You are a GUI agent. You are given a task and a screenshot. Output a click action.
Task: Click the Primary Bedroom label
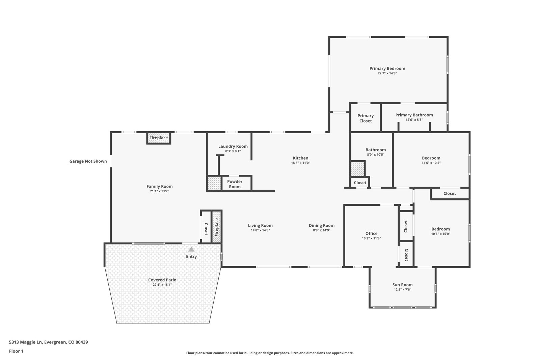click(x=387, y=68)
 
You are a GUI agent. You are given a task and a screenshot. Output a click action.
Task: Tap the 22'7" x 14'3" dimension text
click(x=387, y=73)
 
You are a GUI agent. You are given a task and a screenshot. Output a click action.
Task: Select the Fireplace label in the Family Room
click(x=159, y=138)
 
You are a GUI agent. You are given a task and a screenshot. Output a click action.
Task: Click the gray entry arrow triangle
click(x=191, y=249)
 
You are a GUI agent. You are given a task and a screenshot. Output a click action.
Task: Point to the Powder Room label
click(x=235, y=184)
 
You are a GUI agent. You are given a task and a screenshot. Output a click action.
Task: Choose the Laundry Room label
click(x=233, y=146)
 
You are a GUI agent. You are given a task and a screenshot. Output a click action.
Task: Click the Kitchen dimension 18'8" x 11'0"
click(x=301, y=163)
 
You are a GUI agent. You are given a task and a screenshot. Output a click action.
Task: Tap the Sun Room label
click(x=402, y=285)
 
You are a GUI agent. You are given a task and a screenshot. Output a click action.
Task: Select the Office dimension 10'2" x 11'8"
click(x=371, y=238)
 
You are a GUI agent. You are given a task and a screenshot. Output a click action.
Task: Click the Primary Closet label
click(x=366, y=118)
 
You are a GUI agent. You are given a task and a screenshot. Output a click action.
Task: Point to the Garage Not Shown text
click(x=88, y=161)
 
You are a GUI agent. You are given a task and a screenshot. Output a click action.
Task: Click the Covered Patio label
click(x=162, y=280)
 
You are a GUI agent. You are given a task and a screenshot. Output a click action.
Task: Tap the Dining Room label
click(x=322, y=225)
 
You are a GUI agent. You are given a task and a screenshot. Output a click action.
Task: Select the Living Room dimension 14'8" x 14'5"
click(x=260, y=230)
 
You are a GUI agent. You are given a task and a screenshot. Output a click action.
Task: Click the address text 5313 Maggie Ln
click(x=26, y=342)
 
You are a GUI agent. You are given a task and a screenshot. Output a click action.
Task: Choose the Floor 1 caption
click(x=16, y=351)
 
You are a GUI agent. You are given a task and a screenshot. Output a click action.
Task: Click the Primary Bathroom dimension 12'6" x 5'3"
click(x=414, y=120)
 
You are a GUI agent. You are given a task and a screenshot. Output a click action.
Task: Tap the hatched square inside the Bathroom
click(x=357, y=169)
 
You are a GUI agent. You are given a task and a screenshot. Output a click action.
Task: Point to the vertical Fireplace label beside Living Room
click(x=216, y=227)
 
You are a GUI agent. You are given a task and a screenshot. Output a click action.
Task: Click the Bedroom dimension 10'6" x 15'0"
click(x=441, y=234)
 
